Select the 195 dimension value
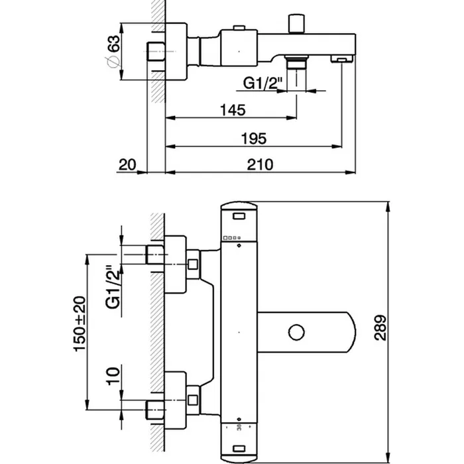tap(255, 138)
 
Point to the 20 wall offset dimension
tap(129, 164)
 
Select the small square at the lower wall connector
tap(193, 400)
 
